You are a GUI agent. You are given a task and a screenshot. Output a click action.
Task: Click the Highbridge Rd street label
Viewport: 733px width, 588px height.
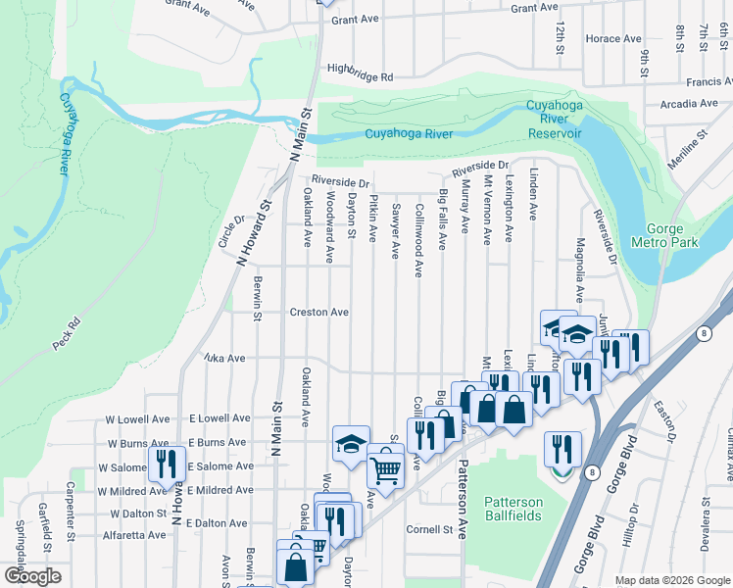coord(360,76)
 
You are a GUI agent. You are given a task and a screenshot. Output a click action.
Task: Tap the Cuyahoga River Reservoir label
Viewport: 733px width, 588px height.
coord(555,119)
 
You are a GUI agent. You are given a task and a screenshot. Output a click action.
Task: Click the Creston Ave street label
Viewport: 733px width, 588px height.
coord(318,313)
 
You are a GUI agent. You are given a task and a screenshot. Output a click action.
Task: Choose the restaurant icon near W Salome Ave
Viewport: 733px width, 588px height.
coord(165,465)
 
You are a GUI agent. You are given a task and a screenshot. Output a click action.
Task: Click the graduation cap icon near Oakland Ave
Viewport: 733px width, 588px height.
coord(351,443)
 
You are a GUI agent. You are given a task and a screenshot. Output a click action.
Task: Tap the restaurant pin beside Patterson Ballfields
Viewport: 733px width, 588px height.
coord(562,451)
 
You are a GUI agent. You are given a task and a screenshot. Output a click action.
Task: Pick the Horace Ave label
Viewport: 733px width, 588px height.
coord(612,38)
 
